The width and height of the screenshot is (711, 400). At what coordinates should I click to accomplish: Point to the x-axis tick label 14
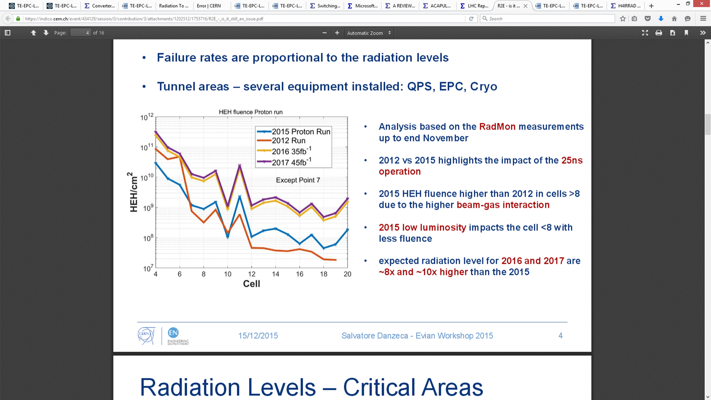(275, 274)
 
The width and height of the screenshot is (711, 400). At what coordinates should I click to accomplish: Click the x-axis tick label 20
(347, 274)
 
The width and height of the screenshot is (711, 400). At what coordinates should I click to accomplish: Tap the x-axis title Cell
(252, 284)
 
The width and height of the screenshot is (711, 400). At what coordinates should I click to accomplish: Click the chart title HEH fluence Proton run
(251, 112)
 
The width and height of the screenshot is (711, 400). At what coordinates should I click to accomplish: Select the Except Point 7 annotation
(298, 180)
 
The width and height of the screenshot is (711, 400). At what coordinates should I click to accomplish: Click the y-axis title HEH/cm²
(132, 192)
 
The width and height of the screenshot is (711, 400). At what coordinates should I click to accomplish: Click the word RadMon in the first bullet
(497, 127)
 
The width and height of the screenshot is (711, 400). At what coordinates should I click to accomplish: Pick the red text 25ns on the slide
(572, 160)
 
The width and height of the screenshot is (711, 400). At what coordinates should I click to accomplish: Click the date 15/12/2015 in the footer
(258, 336)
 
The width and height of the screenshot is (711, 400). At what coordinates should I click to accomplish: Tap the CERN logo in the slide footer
(146, 336)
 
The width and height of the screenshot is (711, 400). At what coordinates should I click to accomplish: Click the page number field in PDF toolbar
(81, 33)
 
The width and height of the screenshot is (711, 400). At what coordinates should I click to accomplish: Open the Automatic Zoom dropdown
(369, 33)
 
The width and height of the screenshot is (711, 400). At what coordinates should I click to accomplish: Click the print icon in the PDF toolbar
(658, 33)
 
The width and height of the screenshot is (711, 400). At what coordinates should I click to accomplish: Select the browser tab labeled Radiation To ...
(173, 6)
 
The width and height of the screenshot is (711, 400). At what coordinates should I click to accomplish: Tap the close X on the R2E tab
(525, 6)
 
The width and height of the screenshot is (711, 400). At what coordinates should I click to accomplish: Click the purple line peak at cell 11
(240, 165)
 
